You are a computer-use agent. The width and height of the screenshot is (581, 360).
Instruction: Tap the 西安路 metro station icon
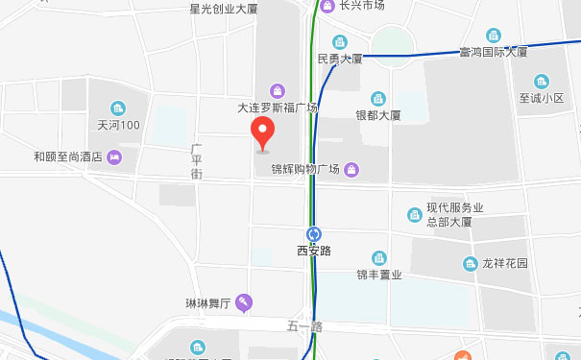tap(314, 233)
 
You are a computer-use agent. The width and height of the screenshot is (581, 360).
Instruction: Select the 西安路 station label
tap(314, 251)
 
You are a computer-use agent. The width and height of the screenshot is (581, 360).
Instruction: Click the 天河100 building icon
tap(119, 108)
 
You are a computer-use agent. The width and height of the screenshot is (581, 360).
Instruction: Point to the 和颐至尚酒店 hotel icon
tap(116, 156)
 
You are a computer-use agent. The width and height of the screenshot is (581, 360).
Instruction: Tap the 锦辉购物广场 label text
tap(304, 170)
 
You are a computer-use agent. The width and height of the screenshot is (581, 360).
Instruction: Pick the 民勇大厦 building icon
tap(339, 41)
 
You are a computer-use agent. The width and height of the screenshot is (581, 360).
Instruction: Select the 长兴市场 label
tap(362, 6)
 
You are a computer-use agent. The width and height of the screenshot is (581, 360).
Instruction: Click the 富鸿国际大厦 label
tap(494, 52)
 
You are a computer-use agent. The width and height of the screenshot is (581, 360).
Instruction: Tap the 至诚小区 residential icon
tap(541, 81)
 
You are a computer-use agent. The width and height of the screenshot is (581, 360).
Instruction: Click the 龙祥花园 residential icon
tap(470, 263)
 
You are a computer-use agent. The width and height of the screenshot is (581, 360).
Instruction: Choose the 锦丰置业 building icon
tap(378, 257)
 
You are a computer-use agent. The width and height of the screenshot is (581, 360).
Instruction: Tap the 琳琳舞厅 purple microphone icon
tap(245, 303)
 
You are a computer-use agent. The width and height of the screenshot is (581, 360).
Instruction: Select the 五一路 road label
tap(303, 327)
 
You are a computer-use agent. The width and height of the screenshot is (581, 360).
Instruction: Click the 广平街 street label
tap(196, 161)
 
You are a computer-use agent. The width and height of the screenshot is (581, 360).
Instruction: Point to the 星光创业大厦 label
tap(224, 9)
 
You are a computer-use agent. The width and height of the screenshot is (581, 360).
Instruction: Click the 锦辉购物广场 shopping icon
tap(352, 170)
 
